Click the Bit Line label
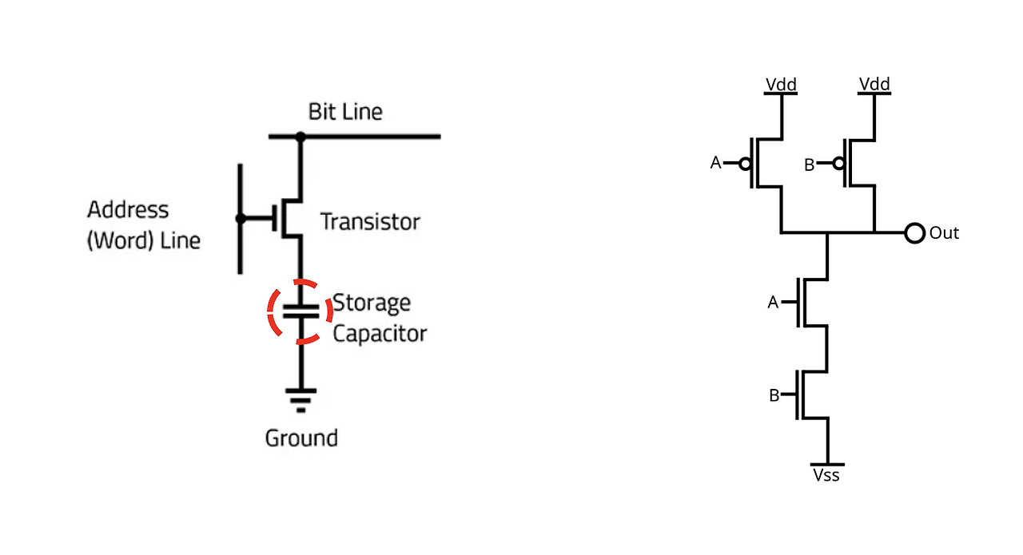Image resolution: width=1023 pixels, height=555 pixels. point(345,112)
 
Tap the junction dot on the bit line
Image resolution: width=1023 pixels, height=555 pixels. point(301,137)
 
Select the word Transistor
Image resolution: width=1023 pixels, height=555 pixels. point(370,222)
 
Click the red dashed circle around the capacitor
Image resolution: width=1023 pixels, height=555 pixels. point(269,311)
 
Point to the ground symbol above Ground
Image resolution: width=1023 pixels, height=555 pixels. point(301,400)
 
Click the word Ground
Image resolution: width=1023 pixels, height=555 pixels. point(301,438)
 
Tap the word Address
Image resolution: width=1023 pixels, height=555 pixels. point(128,210)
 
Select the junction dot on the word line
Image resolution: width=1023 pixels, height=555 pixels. point(241,219)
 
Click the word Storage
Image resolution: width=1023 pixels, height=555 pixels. point(372,303)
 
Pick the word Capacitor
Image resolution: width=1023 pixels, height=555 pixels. point(380,334)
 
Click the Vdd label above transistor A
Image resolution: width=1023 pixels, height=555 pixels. point(781,85)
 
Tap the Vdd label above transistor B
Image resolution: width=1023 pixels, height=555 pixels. point(874,84)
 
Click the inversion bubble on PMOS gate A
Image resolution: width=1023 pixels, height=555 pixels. point(745,164)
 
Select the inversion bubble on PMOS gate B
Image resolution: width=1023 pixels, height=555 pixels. point(838,163)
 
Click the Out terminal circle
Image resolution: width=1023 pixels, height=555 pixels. point(915,233)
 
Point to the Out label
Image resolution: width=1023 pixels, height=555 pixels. point(944,233)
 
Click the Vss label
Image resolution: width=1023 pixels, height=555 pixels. point(826,476)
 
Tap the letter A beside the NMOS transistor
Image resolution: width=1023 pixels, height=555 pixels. point(773,302)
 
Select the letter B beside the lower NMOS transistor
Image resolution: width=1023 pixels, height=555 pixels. point(774,395)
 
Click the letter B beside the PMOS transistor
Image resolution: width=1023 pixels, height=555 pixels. point(810,165)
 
